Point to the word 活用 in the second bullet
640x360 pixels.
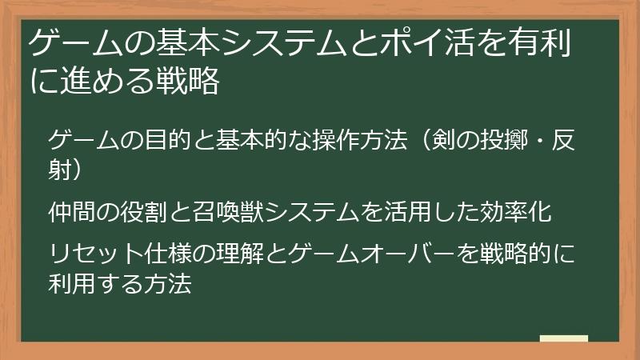pyautogui.click(x=400, y=212)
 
